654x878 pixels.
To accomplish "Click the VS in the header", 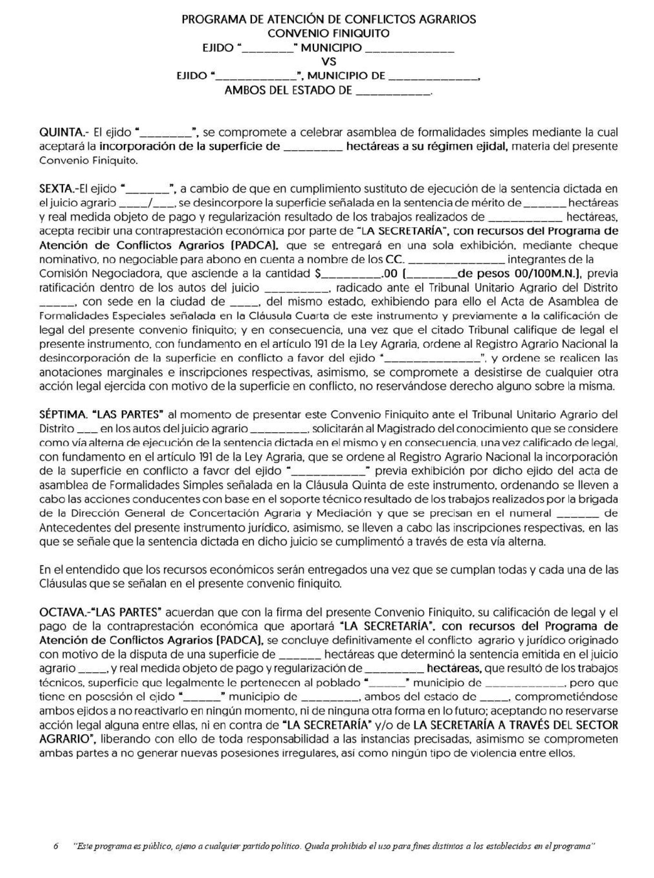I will pos(329,62).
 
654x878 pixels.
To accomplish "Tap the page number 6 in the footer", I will pos(56,846).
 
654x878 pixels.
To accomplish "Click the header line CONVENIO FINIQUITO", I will pos(329,34).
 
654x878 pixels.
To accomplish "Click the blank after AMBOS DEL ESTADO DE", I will pos(393,91).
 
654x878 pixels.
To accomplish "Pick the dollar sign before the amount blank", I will pos(318,274).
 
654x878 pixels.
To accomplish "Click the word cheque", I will pos(598,246).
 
